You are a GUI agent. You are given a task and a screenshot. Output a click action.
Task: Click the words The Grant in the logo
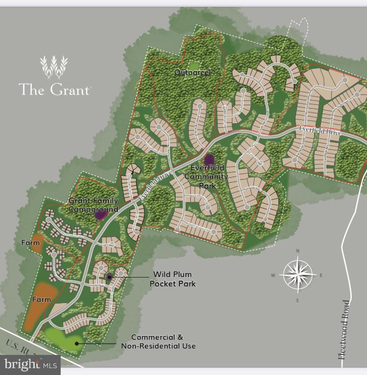(x=54, y=90)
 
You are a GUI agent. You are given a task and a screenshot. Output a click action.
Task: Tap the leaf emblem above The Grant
(x=54, y=67)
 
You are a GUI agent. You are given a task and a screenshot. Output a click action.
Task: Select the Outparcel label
(x=193, y=72)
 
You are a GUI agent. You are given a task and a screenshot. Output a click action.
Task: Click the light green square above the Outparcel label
(x=194, y=64)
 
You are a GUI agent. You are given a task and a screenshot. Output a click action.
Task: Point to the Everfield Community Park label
(x=209, y=176)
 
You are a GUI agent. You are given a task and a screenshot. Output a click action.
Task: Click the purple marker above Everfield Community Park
(x=209, y=160)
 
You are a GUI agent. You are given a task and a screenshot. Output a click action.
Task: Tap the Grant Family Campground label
(x=93, y=205)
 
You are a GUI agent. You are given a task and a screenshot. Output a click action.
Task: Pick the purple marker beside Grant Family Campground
(x=101, y=214)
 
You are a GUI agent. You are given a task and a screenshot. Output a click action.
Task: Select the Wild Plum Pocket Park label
(x=173, y=279)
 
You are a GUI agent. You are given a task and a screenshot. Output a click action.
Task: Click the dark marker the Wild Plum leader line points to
(x=110, y=277)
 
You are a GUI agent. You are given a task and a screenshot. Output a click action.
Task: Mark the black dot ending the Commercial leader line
(x=76, y=343)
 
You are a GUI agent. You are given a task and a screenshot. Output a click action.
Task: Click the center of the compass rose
(x=298, y=275)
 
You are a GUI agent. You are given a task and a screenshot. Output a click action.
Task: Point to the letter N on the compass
(x=298, y=251)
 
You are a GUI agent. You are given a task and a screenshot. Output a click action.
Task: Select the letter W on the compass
(x=273, y=275)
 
